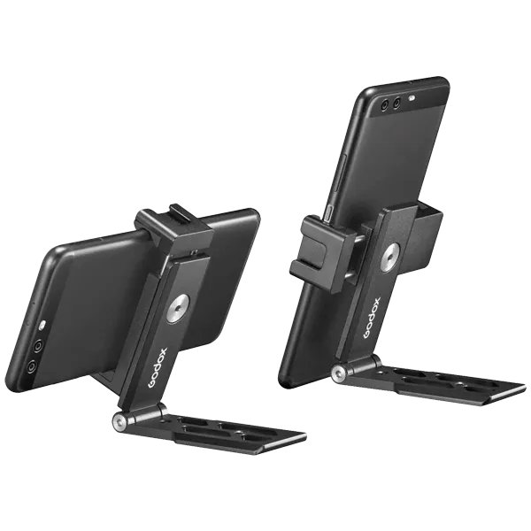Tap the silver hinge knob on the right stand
tap(338, 373)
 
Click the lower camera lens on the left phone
tap(31, 364)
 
